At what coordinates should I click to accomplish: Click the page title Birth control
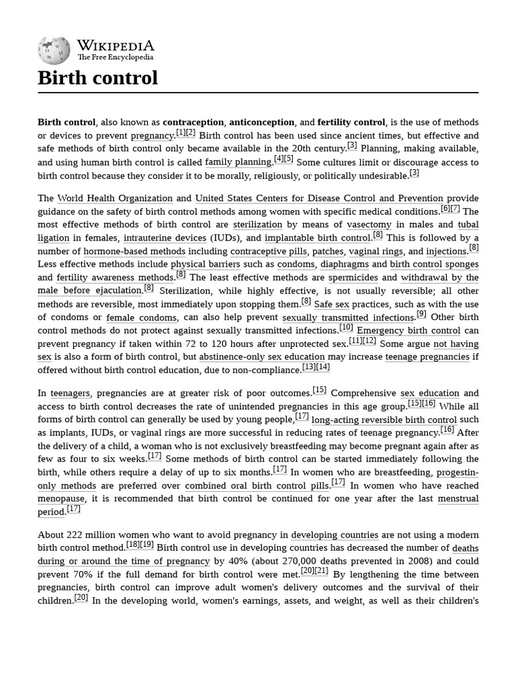click(x=97, y=78)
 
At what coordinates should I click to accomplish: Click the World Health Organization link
click(x=115, y=198)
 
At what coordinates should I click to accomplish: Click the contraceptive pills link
click(x=268, y=251)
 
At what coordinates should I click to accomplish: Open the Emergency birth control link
click(x=408, y=331)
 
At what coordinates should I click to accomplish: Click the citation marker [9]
click(x=421, y=314)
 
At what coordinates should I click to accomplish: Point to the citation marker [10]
click(x=346, y=327)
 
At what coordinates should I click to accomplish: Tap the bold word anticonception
click(x=262, y=122)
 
